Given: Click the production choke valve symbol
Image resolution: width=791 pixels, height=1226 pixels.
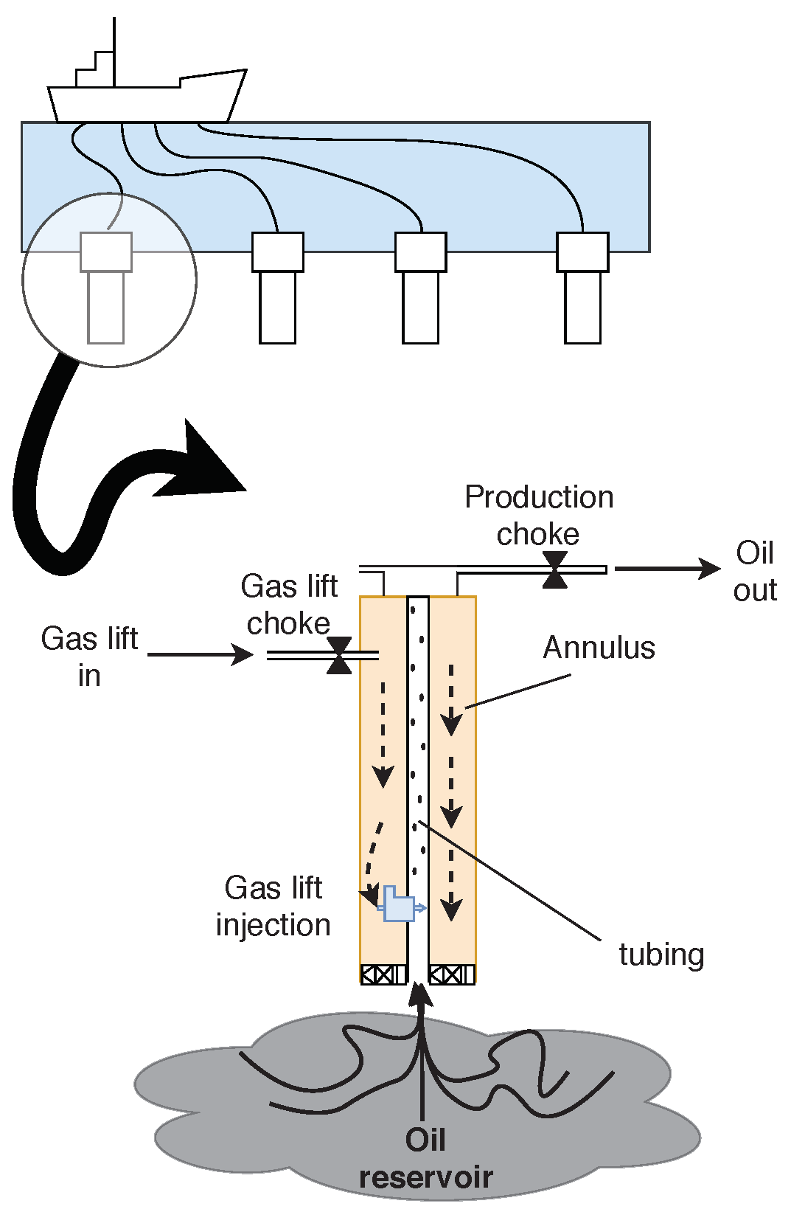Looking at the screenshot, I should (x=554, y=569).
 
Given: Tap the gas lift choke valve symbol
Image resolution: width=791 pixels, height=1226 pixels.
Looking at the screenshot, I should (x=339, y=655).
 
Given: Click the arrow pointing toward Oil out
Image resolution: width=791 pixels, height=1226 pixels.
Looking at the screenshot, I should (x=667, y=569).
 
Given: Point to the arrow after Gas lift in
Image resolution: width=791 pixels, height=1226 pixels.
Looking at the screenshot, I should (x=201, y=654).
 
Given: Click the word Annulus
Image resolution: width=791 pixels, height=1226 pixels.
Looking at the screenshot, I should (x=599, y=648).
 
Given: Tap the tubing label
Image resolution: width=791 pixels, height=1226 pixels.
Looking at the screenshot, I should (x=661, y=954).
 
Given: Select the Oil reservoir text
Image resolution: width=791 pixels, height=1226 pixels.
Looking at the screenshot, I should (x=425, y=1158).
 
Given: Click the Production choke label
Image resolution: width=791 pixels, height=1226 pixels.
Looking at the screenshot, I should (x=539, y=515).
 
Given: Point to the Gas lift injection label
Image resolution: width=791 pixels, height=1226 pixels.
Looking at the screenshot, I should (x=273, y=906).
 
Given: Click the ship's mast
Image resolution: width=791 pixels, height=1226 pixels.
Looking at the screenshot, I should (x=114, y=52).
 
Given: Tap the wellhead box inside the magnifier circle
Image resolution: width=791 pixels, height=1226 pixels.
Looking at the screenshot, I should (x=106, y=252).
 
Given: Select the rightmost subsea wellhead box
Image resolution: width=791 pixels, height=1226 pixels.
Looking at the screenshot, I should (x=582, y=252).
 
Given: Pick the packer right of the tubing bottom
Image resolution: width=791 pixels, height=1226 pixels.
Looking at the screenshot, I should (x=452, y=974).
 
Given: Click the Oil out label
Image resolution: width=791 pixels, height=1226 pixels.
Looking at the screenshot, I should (x=755, y=571).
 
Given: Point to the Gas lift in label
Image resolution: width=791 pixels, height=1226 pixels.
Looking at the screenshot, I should (x=89, y=657).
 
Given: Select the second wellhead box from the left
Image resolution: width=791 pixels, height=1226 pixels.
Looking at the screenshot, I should (x=278, y=252).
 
